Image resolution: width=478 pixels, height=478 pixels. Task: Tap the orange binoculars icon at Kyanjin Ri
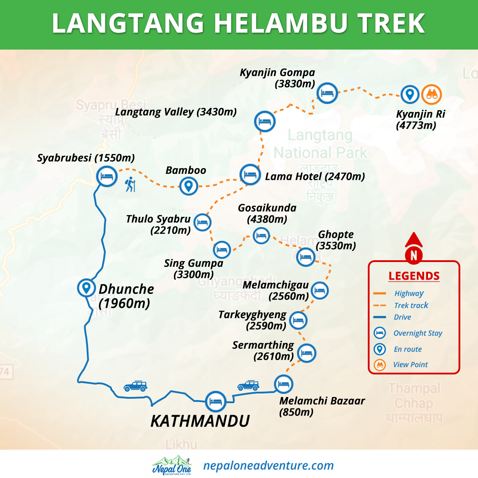431,94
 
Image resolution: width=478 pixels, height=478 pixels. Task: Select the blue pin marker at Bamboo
189,186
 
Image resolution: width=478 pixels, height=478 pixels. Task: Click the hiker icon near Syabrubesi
129,184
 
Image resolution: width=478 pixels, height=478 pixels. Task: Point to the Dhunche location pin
86,288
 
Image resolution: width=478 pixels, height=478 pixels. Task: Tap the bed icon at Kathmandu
216,402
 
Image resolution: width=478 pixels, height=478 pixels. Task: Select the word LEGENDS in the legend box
414,276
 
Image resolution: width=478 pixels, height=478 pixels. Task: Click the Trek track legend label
411,305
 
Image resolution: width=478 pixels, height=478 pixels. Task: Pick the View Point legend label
410,365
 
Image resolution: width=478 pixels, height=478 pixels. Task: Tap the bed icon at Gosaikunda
261,235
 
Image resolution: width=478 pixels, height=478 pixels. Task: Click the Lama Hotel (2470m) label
315,177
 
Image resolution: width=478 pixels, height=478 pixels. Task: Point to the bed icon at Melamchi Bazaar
283,384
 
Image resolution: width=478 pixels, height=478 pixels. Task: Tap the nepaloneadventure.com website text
268,465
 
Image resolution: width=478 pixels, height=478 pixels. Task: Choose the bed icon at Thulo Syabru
202,222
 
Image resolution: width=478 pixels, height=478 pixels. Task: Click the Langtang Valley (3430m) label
176,112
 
